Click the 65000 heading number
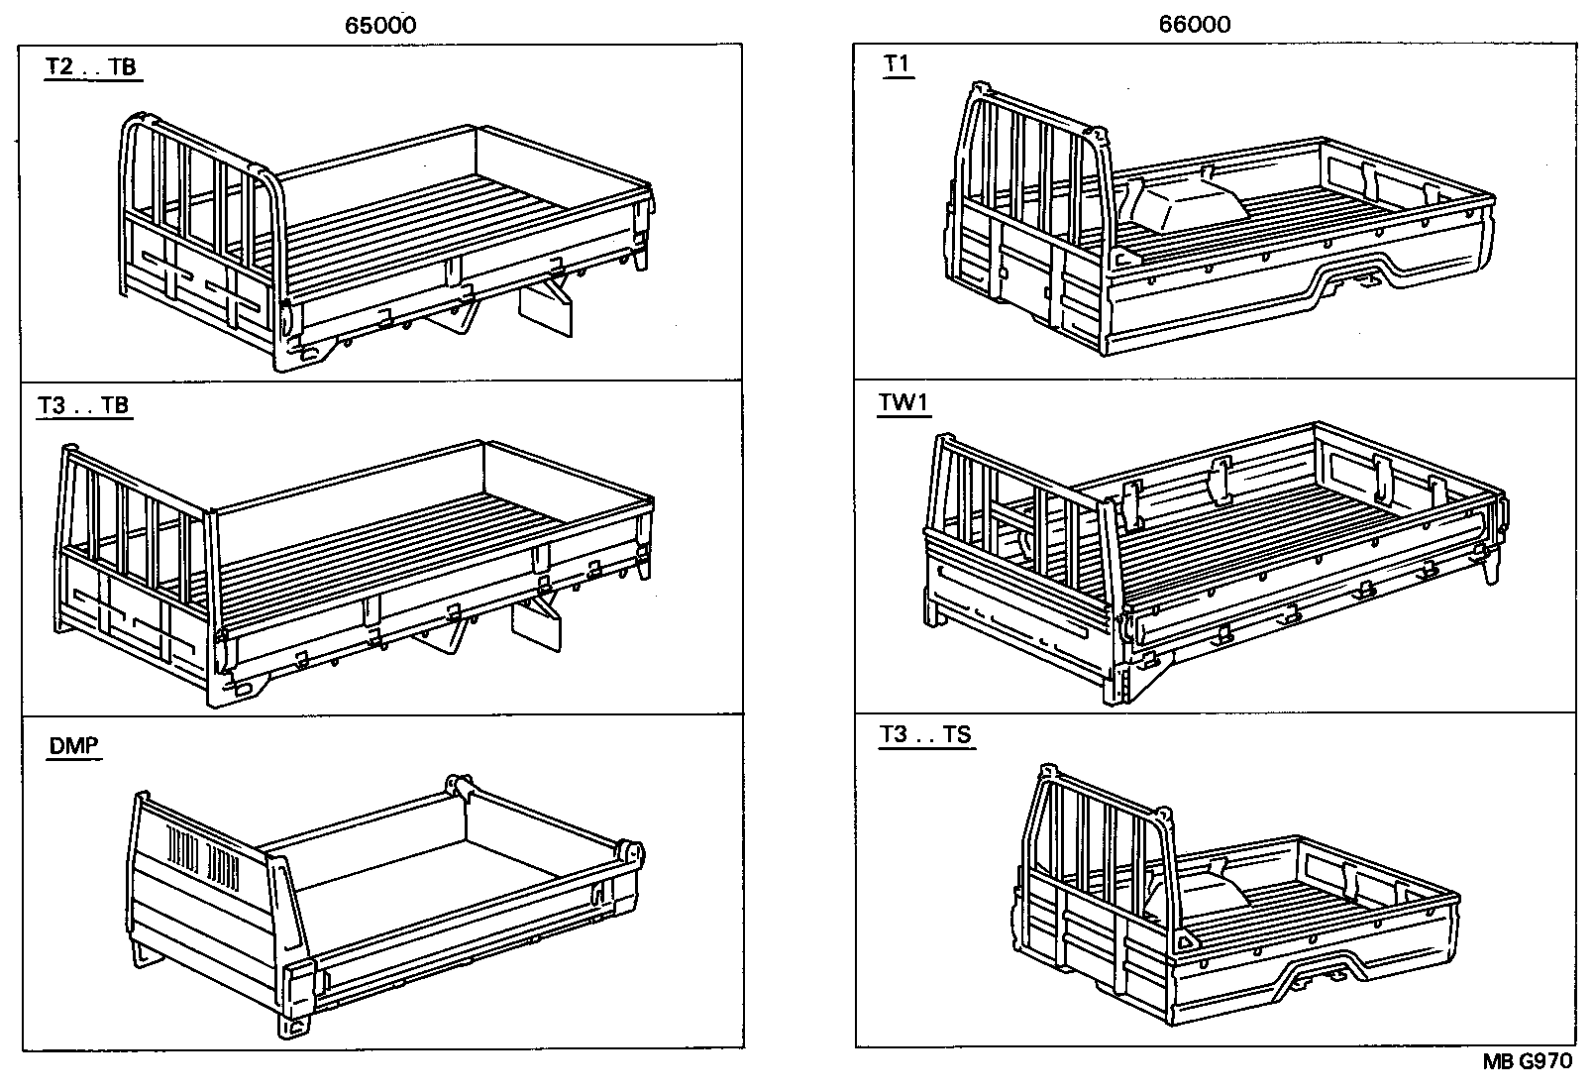pyautogui.click(x=380, y=26)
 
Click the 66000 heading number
pyautogui.click(x=1195, y=26)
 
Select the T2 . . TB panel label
pyautogui.click(x=91, y=67)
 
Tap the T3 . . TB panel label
pyautogui.click(x=83, y=405)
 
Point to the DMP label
pyautogui.click(x=74, y=745)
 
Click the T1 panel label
pyautogui.click(x=897, y=64)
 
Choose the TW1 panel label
pyautogui.click(x=903, y=403)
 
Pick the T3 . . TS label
pyautogui.click(x=925, y=735)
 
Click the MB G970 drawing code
pyautogui.click(x=1527, y=1062)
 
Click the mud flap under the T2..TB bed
pyautogui.click(x=546, y=309)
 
